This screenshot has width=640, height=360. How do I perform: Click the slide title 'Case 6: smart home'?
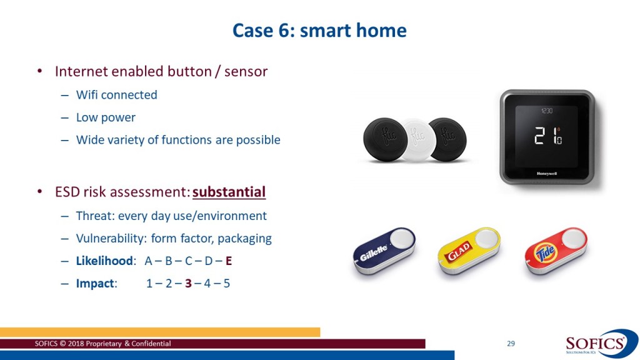point(319,31)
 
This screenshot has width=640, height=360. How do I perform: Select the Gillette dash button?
point(384,250)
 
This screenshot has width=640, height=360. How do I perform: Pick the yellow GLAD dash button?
point(469,250)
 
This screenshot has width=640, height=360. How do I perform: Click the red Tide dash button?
point(556,250)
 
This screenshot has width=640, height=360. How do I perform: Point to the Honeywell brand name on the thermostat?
point(547,174)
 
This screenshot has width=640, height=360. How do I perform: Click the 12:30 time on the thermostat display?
point(546,111)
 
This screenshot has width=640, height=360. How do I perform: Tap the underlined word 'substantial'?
point(229,192)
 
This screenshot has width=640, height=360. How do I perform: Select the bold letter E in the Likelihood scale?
point(229,261)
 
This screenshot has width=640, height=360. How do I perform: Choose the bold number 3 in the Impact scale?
point(188,283)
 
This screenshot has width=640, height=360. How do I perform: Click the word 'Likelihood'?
point(104,261)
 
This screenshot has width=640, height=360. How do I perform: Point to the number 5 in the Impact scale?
point(226,283)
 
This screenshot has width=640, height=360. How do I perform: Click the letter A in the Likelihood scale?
point(149,261)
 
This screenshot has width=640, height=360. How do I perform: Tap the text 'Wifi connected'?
point(117,95)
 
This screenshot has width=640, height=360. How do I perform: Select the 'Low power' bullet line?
point(106,117)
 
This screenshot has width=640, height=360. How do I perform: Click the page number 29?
point(511,344)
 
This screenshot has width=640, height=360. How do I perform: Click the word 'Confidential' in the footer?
point(151,344)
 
